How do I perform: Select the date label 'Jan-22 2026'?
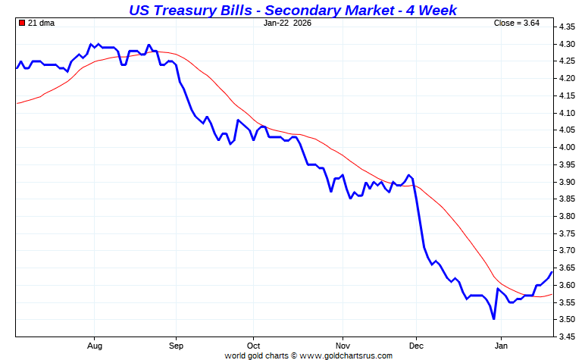click(287, 23)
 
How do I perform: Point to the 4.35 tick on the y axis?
click(568, 27)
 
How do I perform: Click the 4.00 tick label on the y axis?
click(568, 147)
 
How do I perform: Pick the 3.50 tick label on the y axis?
click(568, 320)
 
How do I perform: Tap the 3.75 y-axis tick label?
click(568, 233)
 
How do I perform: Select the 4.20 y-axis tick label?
click(568, 79)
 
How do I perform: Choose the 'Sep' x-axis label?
click(176, 346)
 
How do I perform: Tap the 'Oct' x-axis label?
click(253, 346)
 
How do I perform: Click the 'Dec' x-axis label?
click(416, 346)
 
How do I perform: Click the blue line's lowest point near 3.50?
click(493, 319)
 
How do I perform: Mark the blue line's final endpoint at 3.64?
click(552, 271)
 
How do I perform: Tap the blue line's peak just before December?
click(409, 175)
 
